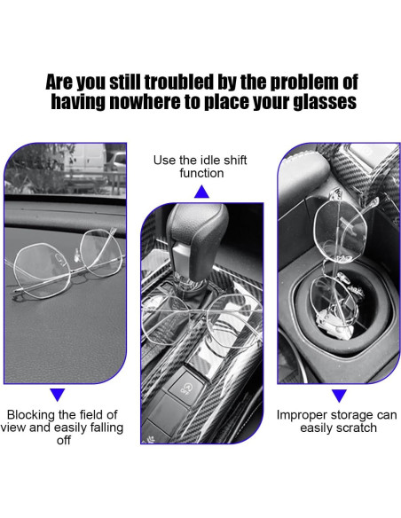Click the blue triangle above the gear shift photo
pos(201,192)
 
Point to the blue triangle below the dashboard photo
pos(58,395)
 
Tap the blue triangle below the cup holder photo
pos(339,396)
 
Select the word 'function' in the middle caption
pos(201,173)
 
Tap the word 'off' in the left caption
pos(63,440)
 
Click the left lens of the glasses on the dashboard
pos(42,270)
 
